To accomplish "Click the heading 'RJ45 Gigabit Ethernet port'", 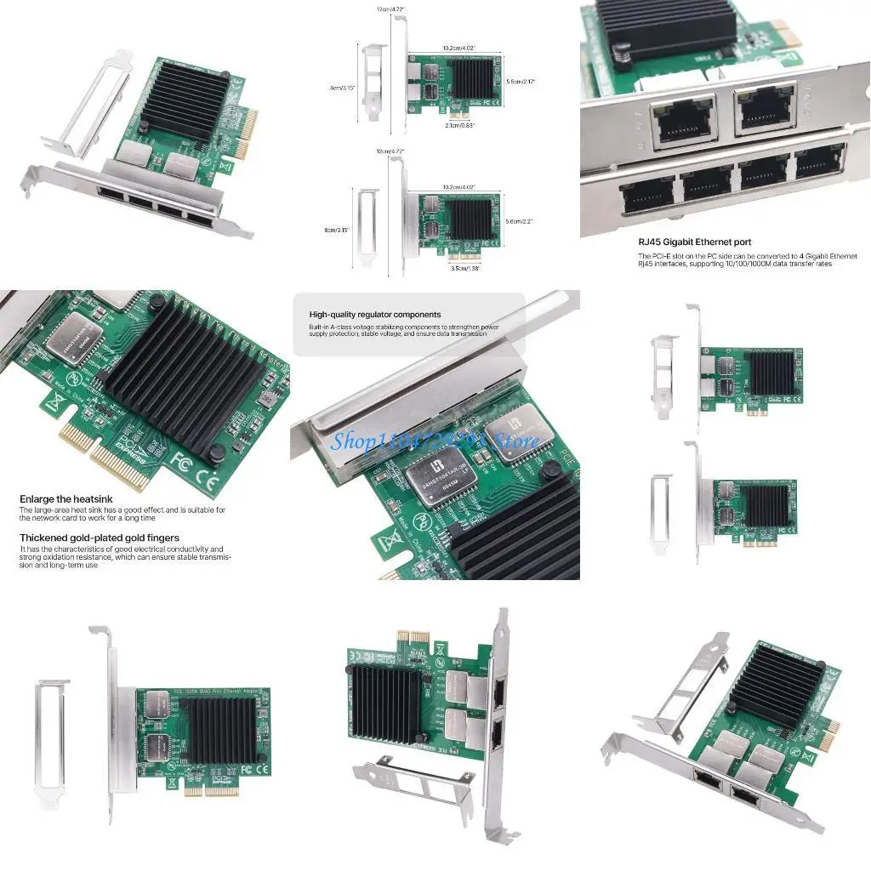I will point(695,242).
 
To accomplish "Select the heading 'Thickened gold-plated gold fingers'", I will point(100,538).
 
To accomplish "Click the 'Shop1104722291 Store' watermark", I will point(435,440).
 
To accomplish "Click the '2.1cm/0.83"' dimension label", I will point(461,124).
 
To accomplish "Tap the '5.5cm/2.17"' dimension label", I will point(519,82).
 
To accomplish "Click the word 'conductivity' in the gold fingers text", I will point(185,549).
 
